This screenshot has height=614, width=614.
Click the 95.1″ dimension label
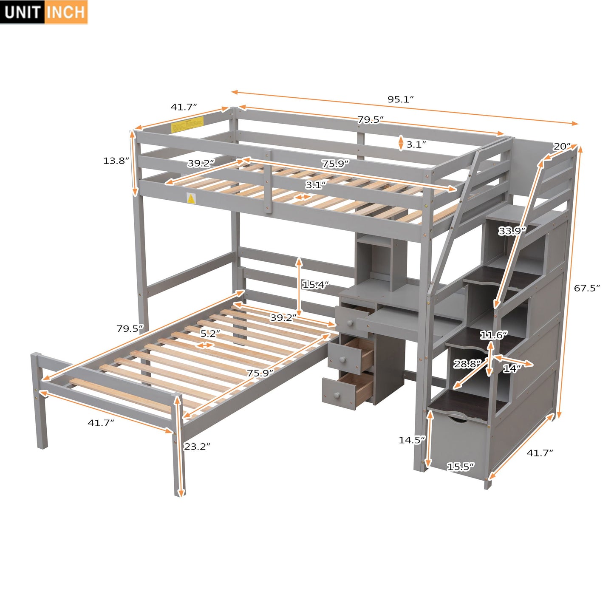click(x=400, y=99)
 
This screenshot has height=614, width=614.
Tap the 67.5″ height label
click(x=587, y=288)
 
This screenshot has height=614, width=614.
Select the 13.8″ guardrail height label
click(x=116, y=161)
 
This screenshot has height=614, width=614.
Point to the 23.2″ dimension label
click(x=197, y=446)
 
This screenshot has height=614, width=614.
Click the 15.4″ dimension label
click(x=315, y=285)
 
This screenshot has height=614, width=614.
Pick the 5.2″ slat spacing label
click(x=210, y=334)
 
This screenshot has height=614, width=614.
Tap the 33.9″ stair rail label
click(x=512, y=231)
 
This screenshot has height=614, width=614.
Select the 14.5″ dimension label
click(x=412, y=440)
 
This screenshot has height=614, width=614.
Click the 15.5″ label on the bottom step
click(x=461, y=467)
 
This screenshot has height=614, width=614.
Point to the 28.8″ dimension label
click(x=467, y=364)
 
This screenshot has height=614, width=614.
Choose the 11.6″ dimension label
click(x=494, y=335)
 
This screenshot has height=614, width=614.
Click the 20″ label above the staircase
click(x=562, y=147)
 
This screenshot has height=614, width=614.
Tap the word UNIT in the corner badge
click(x=23, y=12)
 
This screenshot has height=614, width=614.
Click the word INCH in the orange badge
click(x=65, y=12)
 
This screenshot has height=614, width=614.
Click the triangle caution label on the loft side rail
click(x=191, y=198)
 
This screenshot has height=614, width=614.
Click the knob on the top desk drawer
click(x=351, y=323)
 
